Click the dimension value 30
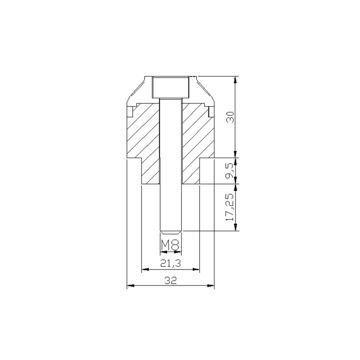point(230,117)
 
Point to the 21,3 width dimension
point(170,263)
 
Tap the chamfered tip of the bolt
point(171,232)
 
